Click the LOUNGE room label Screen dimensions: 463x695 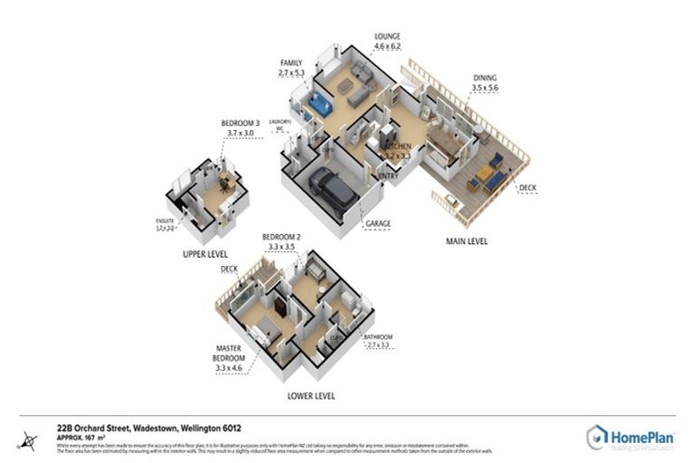pyautogui.click(x=386, y=36)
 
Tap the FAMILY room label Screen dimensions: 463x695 pyautogui.click(x=290, y=61)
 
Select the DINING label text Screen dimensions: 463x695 pyautogui.click(x=485, y=79)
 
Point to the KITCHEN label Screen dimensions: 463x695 pyautogui.click(x=398, y=146)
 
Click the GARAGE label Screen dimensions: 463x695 pyautogui.click(x=377, y=222)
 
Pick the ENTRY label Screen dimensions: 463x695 pyautogui.click(x=388, y=176)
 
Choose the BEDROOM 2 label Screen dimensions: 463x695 pyautogui.click(x=281, y=236)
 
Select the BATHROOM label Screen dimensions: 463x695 pyautogui.click(x=377, y=336)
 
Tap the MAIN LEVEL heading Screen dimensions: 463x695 pyautogui.click(x=470, y=241)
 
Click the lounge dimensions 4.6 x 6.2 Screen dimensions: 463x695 pyautogui.click(x=386, y=47)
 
